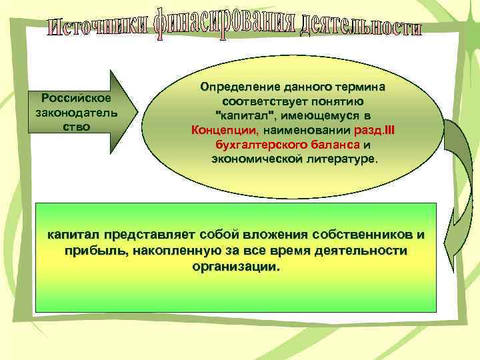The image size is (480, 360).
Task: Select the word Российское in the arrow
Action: click(76, 99)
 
